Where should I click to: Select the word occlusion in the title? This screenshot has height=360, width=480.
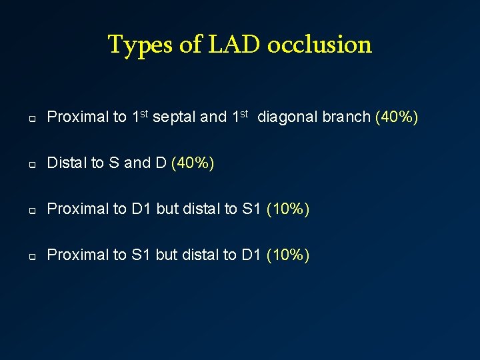(x=319, y=45)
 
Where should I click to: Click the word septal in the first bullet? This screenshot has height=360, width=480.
(x=175, y=117)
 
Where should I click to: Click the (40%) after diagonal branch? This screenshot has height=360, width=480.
(x=397, y=117)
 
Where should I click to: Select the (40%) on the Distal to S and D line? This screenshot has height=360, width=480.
(x=193, y=163)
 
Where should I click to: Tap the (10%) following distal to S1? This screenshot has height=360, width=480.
(x=288, y=209)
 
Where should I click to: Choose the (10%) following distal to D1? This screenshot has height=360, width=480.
(x=288, y=255)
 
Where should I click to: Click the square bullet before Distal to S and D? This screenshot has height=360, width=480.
(x=31, y=165)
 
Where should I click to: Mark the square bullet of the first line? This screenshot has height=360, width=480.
(x=31, y=119)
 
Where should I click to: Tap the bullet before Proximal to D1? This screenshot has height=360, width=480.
(x=31, y=211)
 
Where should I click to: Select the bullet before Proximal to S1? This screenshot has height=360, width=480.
(x=31, y=256)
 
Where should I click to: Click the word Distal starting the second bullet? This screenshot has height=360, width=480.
(x=67, y=163)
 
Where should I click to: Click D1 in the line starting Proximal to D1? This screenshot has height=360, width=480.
(x=141, y=209)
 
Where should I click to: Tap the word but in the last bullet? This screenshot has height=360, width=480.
(x=167, y=255)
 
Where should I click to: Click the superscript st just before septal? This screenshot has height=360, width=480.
(x=144, y=114)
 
